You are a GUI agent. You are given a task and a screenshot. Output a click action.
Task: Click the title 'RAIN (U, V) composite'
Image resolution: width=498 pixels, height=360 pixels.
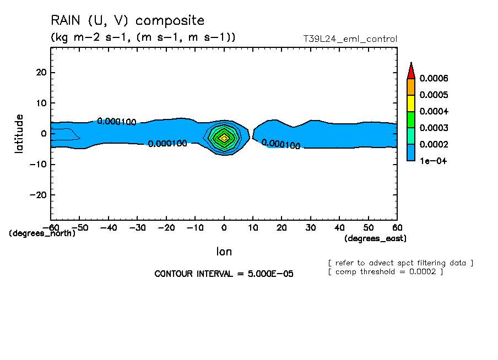point(127,21)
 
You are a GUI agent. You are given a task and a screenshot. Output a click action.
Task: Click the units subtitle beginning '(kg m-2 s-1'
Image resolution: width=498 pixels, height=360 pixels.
point(143,37)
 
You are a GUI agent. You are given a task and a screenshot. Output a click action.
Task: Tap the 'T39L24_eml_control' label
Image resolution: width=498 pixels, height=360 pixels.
point(350,39)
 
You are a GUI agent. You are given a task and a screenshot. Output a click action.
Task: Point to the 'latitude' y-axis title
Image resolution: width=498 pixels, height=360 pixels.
point(20,133)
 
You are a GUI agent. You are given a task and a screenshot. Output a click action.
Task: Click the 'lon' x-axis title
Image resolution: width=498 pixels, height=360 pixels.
point(224,252)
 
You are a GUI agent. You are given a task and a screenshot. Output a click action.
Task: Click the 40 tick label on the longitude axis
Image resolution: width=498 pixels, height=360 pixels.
point(339,227)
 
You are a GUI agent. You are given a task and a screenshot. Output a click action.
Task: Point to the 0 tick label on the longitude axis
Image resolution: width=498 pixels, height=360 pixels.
point(224,227)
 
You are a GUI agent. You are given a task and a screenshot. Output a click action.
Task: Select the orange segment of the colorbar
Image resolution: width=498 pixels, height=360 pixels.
point(410,86)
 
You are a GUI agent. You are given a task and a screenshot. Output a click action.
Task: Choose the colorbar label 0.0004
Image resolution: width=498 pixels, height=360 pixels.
point(434,111)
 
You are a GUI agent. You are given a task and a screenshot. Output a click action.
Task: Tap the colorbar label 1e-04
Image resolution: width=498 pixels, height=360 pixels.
point(432,161)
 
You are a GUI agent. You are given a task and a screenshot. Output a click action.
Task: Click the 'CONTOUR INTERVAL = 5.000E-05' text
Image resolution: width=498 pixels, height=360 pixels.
point(224,274)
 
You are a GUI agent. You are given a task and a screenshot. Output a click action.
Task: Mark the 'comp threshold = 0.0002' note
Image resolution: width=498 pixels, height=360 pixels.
point(389,271)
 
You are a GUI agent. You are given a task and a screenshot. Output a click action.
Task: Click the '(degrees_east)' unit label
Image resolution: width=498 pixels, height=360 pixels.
point(376,238)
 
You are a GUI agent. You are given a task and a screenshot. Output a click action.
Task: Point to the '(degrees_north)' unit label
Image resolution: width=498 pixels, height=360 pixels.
point(42,233)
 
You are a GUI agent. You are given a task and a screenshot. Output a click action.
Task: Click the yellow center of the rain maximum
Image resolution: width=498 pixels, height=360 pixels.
point(224,138)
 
